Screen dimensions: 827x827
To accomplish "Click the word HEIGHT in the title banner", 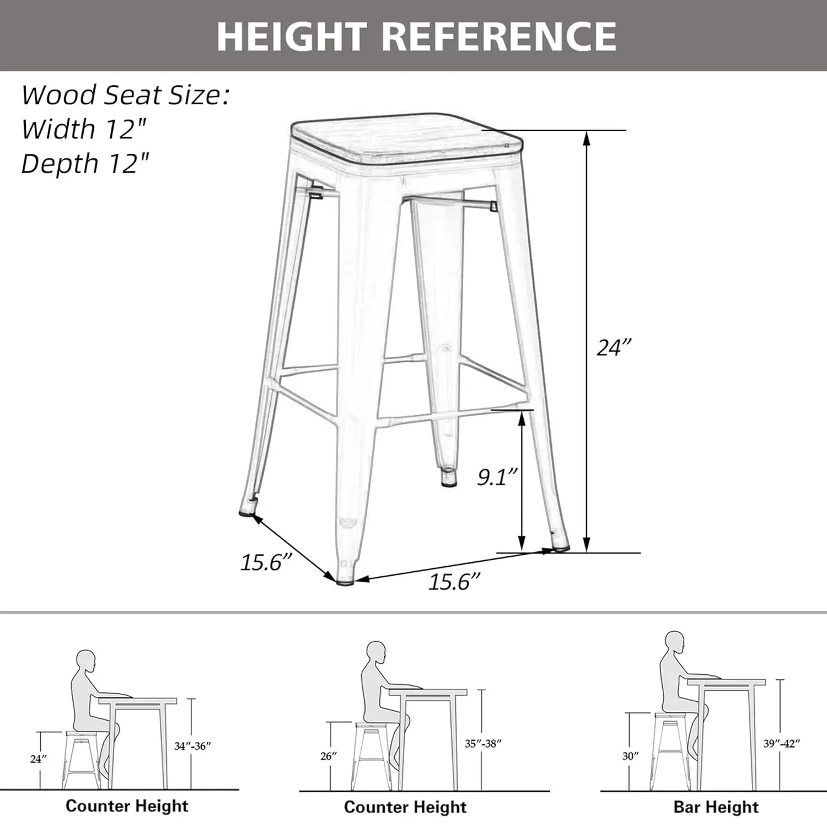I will pyautogui.click(x=292, y=36).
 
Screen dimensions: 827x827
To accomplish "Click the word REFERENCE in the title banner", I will pyautogui.click(x=498, y=36).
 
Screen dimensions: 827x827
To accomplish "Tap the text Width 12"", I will pyautogui.click(x=84, y=130).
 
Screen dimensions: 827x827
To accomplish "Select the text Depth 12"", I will pyautogui.click(x=85, y=164).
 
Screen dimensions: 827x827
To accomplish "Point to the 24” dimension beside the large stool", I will pyautogui.click(x=614, y=348).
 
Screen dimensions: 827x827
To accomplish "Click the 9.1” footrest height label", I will pyautogui.click(x=497, y=477).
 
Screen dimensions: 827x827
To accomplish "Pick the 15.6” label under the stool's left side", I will pyautogui.click(x=265, y=562).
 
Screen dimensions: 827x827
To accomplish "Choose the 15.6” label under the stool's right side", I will pyautogui.click(x=454, y=582).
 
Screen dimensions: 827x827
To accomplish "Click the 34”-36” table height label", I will pyautogui.click(x=192, y=746).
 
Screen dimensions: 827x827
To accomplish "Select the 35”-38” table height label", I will pyautogui.click(x=483, y=743).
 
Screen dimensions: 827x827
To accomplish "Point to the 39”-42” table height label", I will pyautogui.click(x=781, y=743).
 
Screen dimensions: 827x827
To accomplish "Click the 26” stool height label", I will pyautogui.click(x=329, y=756).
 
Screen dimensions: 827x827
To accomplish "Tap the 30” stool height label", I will pyautogui.click(x=630, y=756).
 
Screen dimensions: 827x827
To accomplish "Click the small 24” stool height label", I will pyautogui.click(x=38, y=759).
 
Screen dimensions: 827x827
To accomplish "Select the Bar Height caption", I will pyautogui.click(x=716, y=807).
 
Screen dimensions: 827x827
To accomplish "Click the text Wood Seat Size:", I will pyautogui.click(x=125, y=95).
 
